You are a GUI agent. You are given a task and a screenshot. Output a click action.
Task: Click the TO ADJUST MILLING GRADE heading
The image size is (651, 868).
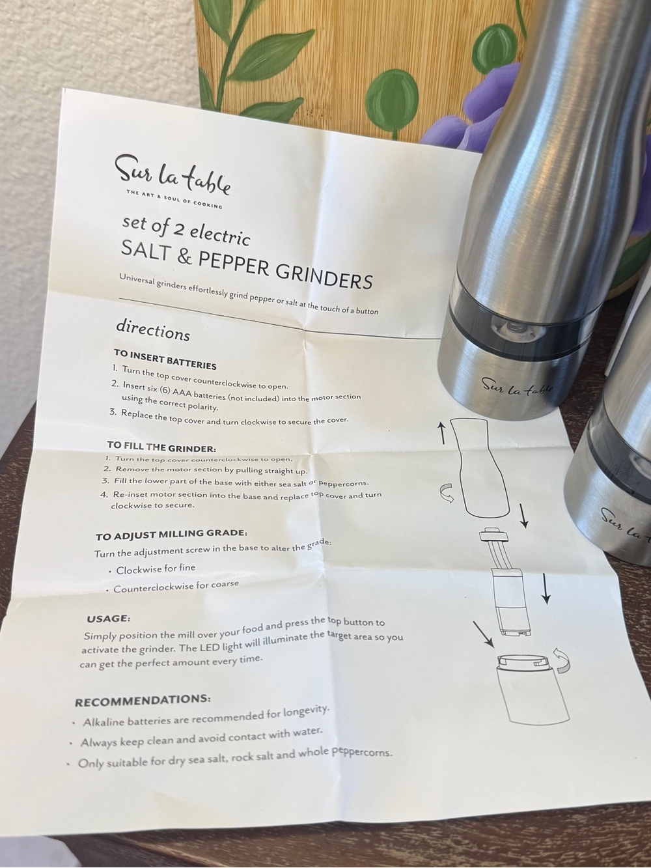click(172, 535)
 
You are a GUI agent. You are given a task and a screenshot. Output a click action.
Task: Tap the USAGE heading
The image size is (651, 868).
click(109, 618)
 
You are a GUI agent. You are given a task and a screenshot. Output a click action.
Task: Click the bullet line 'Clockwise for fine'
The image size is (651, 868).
click(152, 569)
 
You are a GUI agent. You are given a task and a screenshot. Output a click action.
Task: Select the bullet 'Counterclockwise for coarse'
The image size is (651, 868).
click(173, 586)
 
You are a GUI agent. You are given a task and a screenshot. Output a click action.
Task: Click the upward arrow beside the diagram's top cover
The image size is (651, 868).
click(442, 432)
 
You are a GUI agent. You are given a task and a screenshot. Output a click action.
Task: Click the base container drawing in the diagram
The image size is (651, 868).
click(534, 687)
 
